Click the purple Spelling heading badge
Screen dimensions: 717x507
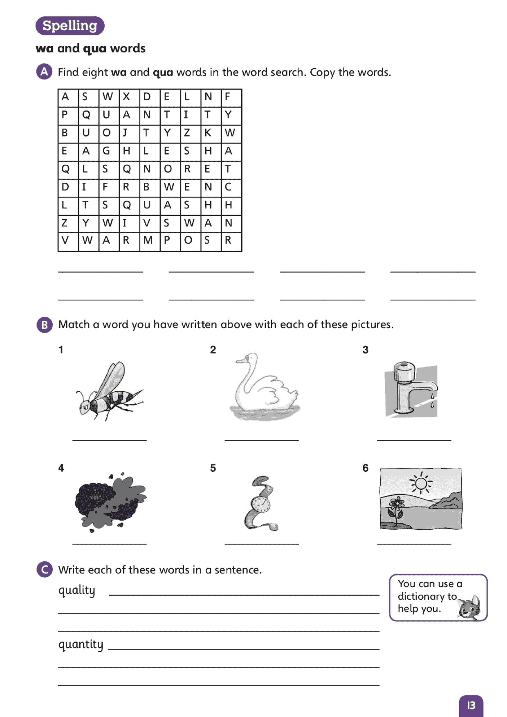pyautogui.click(x=70, y=26)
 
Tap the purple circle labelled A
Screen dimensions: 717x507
pyautogui.click(x=44, y=72)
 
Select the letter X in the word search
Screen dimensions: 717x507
pyautogui.click(x=126, y=97)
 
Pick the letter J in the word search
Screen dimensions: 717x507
pyautogui.click(x=125, y=133)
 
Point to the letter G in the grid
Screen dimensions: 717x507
pyautogui.click(x=106, y=151)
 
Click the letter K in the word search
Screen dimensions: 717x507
pyautogui.click(x=208, y=133)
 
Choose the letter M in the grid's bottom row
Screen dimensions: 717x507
pyautogui.click(x=148, y=240)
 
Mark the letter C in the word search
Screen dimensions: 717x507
pyautogui.click(x=228, y=187)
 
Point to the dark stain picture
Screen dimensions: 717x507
pyautogui.click(x=110, y=502)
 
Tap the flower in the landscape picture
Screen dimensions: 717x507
pyautogui.click(x=396, y=504)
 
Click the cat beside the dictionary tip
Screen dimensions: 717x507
pyautogui.click(x=470, y=607)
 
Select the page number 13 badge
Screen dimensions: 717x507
pyautogui.click(x=471, y=705)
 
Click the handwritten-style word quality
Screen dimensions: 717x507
pyautogui.click(x=77, y=590)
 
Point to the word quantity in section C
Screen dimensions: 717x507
pyautogui.click(x=81, y=645)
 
